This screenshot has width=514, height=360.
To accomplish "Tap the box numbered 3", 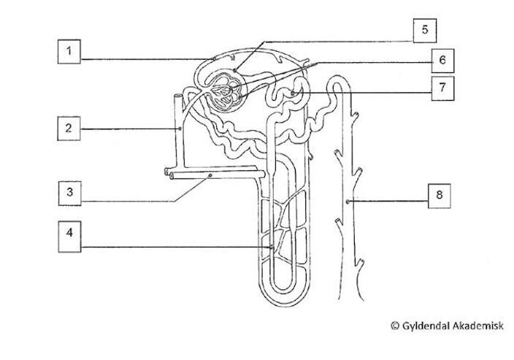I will [70, 193].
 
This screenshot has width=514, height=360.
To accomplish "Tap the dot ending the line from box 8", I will [348, 200].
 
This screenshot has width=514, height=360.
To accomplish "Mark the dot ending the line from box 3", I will [210, 175].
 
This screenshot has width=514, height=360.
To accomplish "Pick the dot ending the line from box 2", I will [180, 129].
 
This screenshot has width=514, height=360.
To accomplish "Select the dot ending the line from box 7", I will [291, 93].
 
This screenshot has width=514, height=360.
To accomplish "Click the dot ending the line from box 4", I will [272, 247].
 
